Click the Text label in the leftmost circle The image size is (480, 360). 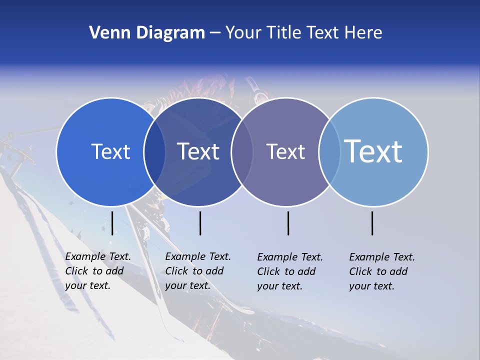pos(110,151)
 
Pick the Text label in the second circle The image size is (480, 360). pos(198,151)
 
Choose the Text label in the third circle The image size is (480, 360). pos(285,151)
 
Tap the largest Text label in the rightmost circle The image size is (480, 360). pos(373,151)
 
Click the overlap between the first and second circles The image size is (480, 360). pos(154,152)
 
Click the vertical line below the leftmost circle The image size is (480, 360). pos(112,223)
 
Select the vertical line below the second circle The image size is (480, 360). pos(200,223)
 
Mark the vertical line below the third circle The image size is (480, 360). pos(288,223)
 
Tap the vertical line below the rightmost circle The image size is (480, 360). pos(372,223)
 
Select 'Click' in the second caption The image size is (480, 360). pos(176,271)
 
